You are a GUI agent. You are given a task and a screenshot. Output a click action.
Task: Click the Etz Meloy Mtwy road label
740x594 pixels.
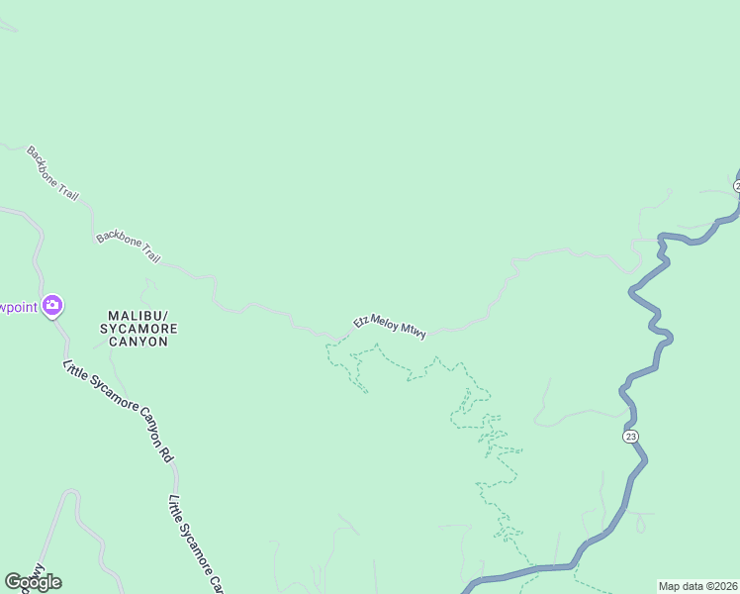pos(390,328)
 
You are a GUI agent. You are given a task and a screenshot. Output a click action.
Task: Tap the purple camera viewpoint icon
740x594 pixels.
pos(52,306)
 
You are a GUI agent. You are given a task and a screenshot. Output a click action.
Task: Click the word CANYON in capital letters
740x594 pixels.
pos(139,342)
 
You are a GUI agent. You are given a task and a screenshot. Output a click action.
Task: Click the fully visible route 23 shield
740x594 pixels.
pos(631,437)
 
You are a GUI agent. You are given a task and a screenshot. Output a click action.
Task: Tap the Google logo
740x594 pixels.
pos(33,582)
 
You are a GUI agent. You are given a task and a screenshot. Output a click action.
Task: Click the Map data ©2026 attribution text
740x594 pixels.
pos(697,586)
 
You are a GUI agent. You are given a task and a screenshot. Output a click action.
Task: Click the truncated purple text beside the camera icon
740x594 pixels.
pos(18,307)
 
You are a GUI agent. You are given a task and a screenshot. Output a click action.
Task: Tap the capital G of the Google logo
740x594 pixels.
pos(13,581)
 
